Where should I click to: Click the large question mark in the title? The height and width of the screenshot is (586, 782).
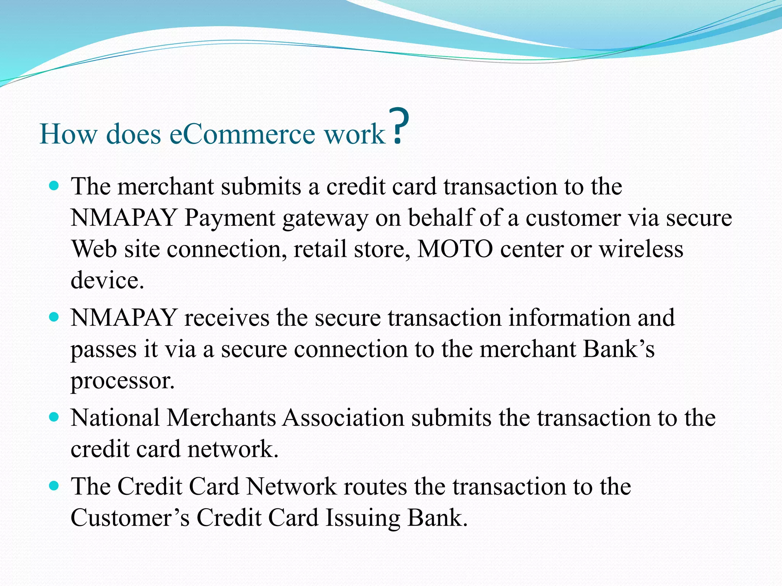399,127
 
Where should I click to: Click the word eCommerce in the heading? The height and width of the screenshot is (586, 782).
242,134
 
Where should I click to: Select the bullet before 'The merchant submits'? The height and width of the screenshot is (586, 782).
55,186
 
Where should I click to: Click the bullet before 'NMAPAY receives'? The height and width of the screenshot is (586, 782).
55,317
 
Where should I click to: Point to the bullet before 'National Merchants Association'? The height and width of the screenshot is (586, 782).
55,417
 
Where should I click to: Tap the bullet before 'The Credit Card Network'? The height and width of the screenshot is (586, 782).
55,486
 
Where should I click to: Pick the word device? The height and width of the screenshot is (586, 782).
107,280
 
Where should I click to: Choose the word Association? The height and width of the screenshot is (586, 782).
343,418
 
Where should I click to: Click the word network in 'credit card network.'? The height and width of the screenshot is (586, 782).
233,449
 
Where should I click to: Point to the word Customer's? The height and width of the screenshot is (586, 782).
130,518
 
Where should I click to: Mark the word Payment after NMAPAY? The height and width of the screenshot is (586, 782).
229,219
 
